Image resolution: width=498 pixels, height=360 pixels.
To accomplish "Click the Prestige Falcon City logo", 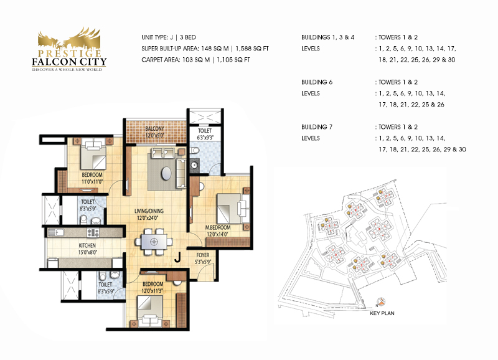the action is pos(69,49).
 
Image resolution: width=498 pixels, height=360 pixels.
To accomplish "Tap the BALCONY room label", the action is pos(154,129).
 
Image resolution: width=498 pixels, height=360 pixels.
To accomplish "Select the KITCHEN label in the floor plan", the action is pos(87,245).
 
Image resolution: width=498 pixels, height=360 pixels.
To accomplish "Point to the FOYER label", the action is pos(203,255).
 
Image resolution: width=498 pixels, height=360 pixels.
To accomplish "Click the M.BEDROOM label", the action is pos(218,228).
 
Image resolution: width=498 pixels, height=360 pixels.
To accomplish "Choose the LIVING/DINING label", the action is pos(149,211).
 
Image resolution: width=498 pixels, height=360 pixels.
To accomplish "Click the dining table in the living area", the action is pos(154,242).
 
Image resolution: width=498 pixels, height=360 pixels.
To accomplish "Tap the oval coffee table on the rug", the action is pos(166,174).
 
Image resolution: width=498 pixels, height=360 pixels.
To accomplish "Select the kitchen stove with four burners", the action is pos(93,233).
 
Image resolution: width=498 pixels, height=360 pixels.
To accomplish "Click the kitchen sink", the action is pos(56,232).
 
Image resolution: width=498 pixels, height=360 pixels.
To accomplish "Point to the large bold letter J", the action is pos(177,257).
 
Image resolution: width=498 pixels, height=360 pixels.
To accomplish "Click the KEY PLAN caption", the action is pos(382,313).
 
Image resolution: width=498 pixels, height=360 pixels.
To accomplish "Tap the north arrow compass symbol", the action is pos(382,302).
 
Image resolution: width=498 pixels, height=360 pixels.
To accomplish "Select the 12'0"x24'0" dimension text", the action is pos(148,218).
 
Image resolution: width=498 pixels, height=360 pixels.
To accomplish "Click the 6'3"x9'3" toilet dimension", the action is pos(205,138).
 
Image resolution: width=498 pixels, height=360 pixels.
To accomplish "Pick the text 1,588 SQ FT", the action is pos(252,49).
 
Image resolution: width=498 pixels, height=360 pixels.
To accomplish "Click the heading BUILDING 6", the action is pos(317,82).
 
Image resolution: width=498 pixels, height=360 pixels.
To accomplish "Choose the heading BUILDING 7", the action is pos(317,127).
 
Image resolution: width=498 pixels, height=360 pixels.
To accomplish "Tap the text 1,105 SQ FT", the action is pos(233,60).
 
